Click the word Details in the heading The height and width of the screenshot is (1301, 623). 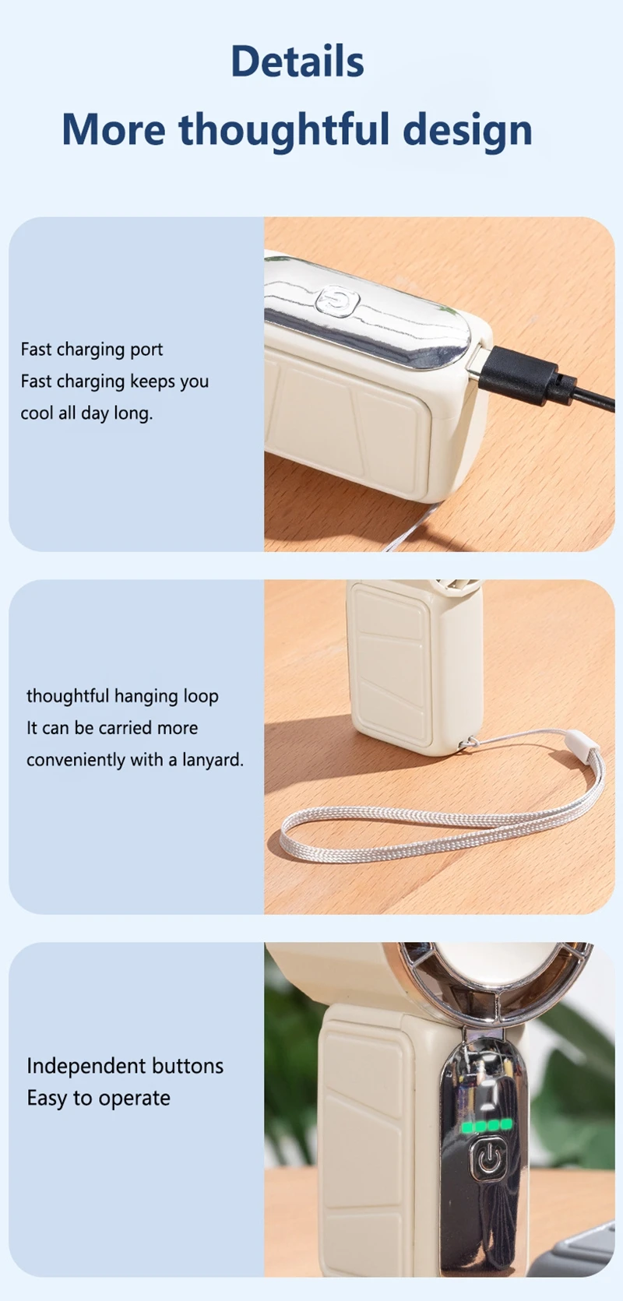pos(297,61)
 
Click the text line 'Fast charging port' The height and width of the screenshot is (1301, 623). pos(92,350)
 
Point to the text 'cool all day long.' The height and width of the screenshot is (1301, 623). pos(86,413)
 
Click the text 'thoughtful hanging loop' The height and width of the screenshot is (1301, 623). pos(122,696)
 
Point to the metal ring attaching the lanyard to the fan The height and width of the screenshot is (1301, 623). pos(468,743)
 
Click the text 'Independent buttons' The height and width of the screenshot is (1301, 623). pos(125,1066)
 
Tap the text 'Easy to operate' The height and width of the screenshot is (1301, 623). pos(98,1099)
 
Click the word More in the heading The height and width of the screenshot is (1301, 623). pos(114,129)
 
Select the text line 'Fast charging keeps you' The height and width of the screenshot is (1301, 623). pos(114,382)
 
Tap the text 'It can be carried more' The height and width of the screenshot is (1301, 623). pos(112,728)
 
